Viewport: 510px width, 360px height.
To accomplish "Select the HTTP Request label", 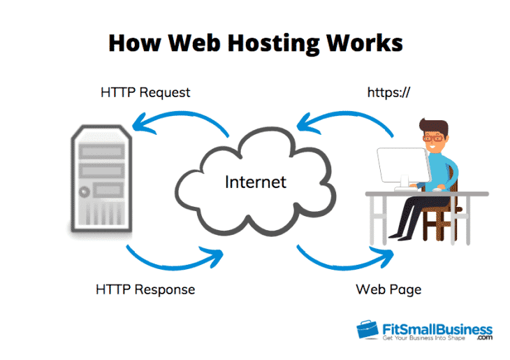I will coord(145,92).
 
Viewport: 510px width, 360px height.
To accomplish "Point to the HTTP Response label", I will coord(145,288).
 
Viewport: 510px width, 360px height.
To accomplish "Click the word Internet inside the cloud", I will coord(256,182).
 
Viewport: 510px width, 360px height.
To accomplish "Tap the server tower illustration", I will coord(99,178).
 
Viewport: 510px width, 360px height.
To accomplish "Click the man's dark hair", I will coord(434,125).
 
